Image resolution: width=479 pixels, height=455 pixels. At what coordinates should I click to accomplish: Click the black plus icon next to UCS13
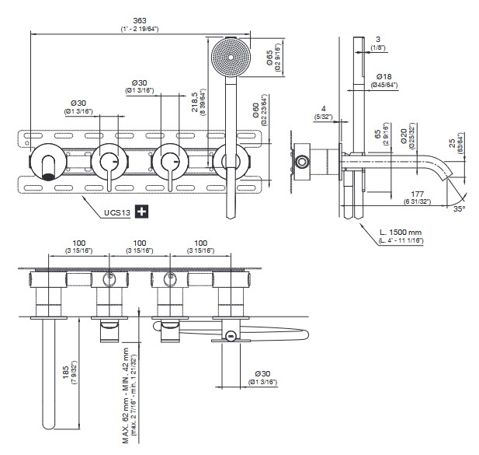tap(141, 211)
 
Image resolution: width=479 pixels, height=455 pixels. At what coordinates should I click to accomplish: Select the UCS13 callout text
tap(116, 210)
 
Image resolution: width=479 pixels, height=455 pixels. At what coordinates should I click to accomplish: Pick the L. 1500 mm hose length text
tap(402, 233)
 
